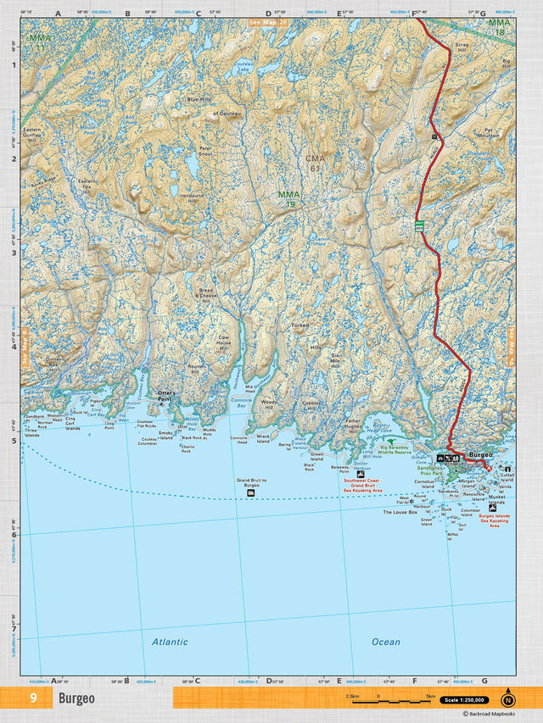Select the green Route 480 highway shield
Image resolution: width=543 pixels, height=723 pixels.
419,225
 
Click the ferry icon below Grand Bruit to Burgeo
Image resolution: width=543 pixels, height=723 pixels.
250,492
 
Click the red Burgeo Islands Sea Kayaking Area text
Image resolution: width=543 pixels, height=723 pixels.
494,520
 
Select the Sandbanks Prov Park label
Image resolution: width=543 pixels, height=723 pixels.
430,472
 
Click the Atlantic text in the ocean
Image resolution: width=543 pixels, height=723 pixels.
170,642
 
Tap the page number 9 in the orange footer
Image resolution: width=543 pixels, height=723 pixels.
33,698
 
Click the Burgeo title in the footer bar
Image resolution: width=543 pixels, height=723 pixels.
76,699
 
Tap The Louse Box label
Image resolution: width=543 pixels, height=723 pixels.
400,512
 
